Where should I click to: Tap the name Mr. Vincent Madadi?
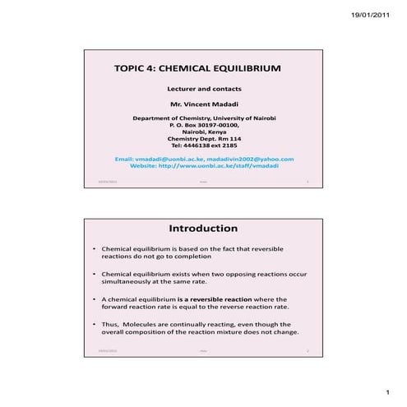click(x=204, y=104)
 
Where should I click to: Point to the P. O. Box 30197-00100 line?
click(x=204, y=125)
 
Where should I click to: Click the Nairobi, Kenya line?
click(x=204, y=132)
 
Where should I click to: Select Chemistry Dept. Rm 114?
click(x=204, y=138)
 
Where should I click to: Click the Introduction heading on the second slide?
click(x=203, y=228)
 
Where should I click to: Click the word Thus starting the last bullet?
click(x=109, y=324)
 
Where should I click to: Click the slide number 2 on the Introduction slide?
click(x=307, y=353)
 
